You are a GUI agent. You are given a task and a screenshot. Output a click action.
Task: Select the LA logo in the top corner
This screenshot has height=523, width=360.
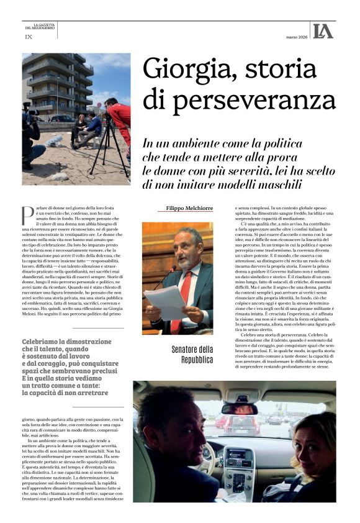point(323,31)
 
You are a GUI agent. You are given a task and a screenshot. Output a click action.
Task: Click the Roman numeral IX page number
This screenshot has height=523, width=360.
point(28,37)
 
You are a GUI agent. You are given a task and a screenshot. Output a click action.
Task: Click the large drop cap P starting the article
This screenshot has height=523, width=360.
point(28,215)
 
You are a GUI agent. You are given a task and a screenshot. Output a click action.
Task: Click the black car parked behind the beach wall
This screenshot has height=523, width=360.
point(62,118)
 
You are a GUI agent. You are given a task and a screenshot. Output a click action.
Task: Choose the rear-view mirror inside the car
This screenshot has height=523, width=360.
point(238,408)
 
